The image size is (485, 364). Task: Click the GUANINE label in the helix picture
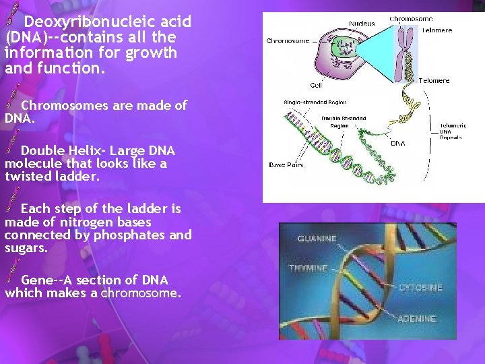point(317,239)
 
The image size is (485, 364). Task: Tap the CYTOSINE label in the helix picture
point(420,288)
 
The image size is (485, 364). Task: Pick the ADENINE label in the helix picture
point(417,319)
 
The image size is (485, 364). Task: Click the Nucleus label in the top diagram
point(362,24)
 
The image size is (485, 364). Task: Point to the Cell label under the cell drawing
point(315,86)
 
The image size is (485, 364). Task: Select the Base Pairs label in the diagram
point(286,165)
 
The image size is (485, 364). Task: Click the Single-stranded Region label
point(314,102)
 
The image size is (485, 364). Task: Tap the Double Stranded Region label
point(344,122)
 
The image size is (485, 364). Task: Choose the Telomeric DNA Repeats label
point(451,131)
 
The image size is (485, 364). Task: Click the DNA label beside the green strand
point(398,144)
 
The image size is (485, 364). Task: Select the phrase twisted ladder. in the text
point(52,177)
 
